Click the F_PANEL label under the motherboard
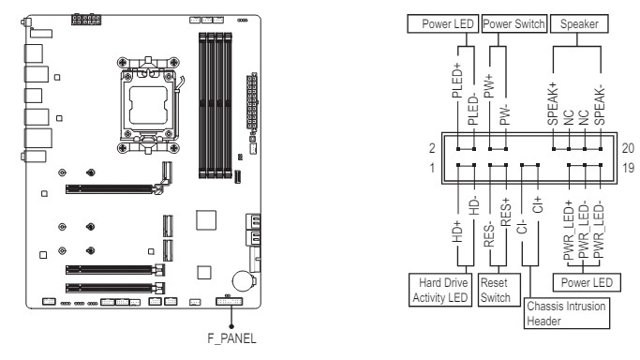pos(231,338)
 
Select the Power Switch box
pos(513,24)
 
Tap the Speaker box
pos(579,24)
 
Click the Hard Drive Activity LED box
pos(440,290)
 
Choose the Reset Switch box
pos(499,290)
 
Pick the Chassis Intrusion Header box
pos(567,313)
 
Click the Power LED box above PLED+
pos(442,24)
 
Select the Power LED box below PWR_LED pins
pos(587,282)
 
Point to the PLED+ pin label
pos(457,81)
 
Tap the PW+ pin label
pos(489,86)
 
